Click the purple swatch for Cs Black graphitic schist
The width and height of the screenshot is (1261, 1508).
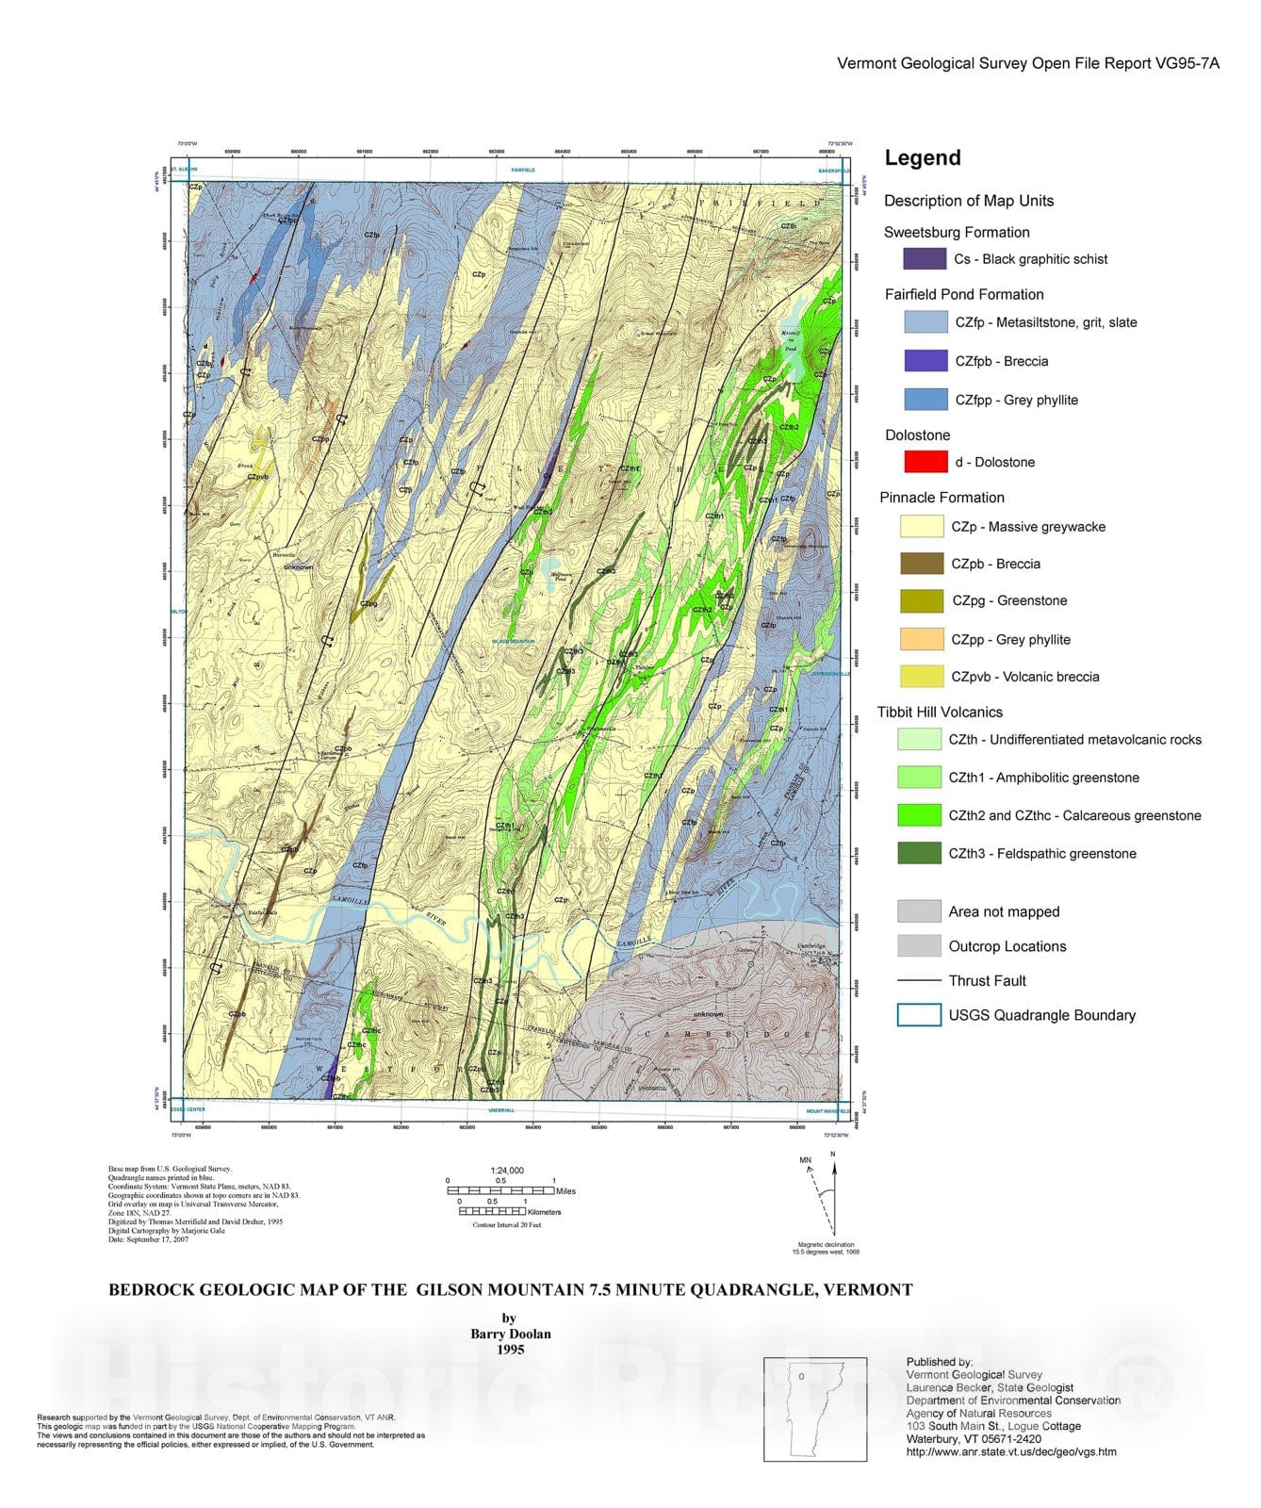[924, 259]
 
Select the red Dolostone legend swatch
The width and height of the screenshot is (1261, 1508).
[925, 462]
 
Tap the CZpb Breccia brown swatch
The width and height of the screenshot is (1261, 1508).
[922, 564]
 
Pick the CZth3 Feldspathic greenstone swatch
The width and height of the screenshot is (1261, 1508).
[919, 853]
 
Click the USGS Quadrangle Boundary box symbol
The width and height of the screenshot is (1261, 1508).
[919, 1015]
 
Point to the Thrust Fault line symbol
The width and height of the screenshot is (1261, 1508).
[919, 981]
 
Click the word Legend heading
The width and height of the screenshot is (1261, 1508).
[922, 158]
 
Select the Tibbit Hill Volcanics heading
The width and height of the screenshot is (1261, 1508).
[940, 713]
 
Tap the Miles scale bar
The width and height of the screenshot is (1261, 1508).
[500, 1190]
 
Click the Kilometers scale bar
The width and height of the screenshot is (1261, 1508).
[492, 1211]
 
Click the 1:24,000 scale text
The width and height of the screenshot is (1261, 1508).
[507, 1171]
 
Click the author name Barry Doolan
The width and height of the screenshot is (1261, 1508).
[510, 1334]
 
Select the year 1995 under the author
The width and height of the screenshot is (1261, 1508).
[510, 1350]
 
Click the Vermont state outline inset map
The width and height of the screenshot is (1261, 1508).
[815, 1409]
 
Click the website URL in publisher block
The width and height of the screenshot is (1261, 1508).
[1011, 1451]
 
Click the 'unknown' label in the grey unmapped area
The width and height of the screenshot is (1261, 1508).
[708, 1014]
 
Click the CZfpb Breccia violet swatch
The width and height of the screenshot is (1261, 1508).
[925, 361]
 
